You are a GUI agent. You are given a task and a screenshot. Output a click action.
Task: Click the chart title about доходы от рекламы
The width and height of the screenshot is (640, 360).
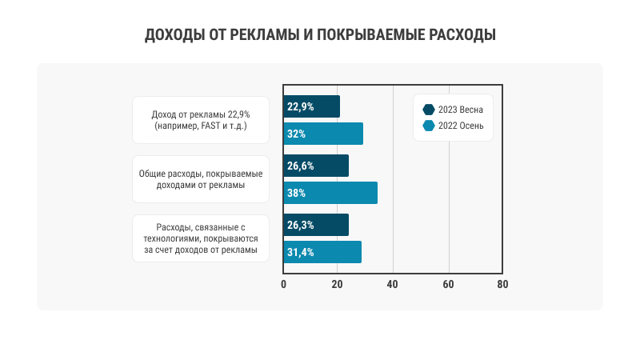(320, 35)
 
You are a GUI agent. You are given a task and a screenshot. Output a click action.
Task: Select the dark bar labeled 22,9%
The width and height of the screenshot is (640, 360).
(311, 106)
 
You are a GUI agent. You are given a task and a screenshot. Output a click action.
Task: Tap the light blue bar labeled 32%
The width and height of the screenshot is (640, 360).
(323, 134)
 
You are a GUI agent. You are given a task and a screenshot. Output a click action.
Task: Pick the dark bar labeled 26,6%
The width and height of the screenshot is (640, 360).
(316, 166)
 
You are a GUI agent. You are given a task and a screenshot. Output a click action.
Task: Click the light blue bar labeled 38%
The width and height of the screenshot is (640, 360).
(330, 193)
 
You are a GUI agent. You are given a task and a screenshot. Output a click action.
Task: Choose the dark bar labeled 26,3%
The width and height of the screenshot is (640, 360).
(316, 225)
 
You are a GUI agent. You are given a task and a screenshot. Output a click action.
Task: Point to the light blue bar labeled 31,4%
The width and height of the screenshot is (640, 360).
(322, 252)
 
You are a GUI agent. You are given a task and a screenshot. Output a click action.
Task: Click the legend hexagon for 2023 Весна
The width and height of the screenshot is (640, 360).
(428, 110)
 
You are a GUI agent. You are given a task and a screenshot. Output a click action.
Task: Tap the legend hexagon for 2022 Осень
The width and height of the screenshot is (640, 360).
(428, 126)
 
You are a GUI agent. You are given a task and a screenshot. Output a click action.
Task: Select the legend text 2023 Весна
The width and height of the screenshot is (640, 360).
(461, 110)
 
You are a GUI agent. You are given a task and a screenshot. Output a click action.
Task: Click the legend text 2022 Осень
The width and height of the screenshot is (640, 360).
(461, 126)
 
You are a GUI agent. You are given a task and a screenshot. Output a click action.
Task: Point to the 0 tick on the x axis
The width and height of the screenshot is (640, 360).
(284, 284)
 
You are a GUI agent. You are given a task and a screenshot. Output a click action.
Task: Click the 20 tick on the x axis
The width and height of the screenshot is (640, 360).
(338, 284)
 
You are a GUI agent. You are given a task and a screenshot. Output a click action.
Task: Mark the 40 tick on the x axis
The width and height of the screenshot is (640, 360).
(393, 284)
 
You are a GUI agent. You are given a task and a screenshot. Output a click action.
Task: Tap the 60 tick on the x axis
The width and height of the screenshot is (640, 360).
(448, 284)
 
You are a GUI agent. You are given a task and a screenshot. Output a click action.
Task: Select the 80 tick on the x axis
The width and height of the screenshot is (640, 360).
(502, 284)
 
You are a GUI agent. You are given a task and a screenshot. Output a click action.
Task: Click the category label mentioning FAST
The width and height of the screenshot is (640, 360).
(200, 121)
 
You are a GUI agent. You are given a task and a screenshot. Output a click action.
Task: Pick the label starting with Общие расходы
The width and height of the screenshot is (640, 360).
(200, 179)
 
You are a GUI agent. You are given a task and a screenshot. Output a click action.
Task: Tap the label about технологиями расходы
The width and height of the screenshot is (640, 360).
(200, 238)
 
